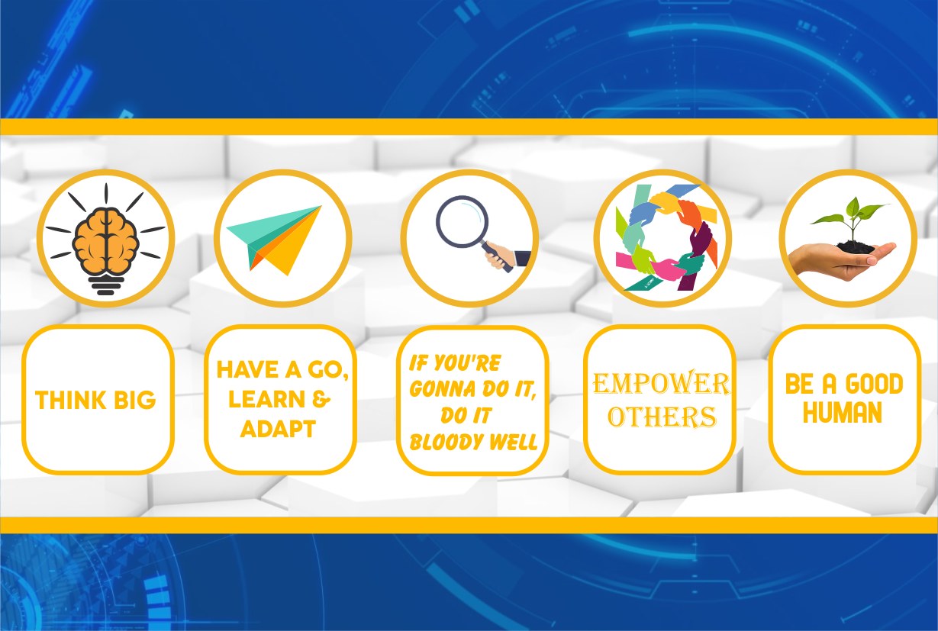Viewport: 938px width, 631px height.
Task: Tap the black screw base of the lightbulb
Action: pyautogui.click(x=105, y=285)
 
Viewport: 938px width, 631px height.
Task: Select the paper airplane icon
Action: pyautogui.click(x=274, y=240)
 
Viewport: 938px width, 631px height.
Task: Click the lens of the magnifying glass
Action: pyautogui.click(x=463, y=221)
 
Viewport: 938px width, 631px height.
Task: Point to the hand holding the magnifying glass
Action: pyautogui.click(x=501, y=256)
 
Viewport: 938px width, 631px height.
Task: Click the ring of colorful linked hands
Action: pyautogui.click(x=666, y=237)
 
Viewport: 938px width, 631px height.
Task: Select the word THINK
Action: pyautogui.click(x=71, y=400)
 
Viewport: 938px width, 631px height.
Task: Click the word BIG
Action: pyautogui.click(x=135, y=400)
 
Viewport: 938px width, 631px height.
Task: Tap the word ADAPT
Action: pyautogui.click(x=278, y=429)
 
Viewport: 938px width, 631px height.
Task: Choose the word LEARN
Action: pyautogui.click(x=266, y=399)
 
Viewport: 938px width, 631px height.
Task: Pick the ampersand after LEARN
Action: pyautogui.click(x=321, y=399)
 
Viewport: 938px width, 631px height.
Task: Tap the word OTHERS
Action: pyautogui.click(x=662, y=417)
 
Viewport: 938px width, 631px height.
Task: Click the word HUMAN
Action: pyautogui.click(x=843, y=413)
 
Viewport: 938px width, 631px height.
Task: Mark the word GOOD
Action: pyautogui.click(x=875, y=384)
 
